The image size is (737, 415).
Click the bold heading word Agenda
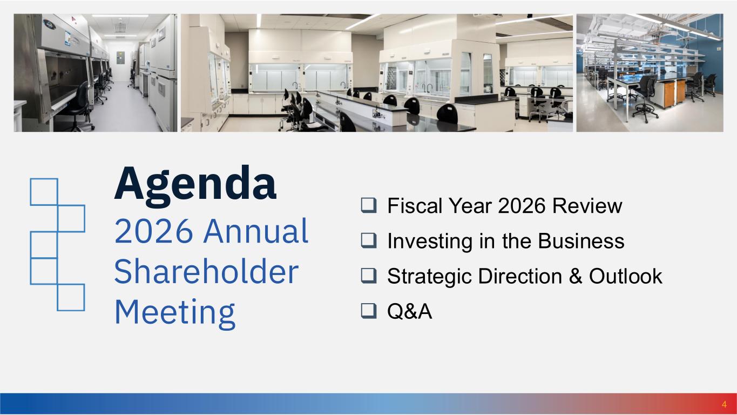tap(195, 185)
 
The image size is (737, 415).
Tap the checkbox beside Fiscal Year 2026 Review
tap(369, 205)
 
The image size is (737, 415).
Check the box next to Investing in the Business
tap(369, 241)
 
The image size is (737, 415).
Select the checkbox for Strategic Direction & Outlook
tap(369, 276)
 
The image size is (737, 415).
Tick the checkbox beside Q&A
tap(369, 311)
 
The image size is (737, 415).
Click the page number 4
tap(724, 404)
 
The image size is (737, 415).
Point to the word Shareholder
tap(206, 271)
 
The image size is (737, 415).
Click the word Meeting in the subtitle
tap(175, 314)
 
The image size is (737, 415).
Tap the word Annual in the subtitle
tap(256, 231)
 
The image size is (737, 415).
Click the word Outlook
tap(625, 276)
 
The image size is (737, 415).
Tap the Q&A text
tap(410, 311)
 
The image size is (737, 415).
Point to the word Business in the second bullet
tap(581, 241)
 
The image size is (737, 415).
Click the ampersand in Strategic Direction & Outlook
tap(576, 276)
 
